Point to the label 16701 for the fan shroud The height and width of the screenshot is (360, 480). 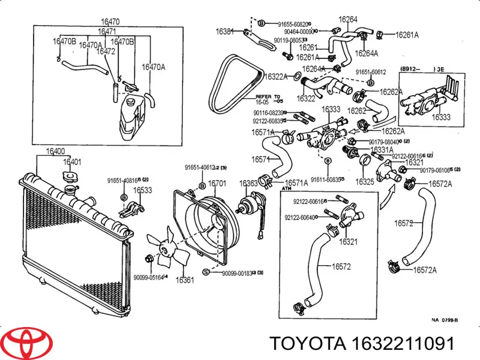click(x=217, y=183)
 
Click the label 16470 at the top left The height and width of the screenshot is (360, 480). click(x=109, y=22)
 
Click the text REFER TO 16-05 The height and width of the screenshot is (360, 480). click(x=268, y=98)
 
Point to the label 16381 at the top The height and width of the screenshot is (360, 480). click(x=225, y=31)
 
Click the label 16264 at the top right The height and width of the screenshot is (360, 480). click(x=347, y=19)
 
